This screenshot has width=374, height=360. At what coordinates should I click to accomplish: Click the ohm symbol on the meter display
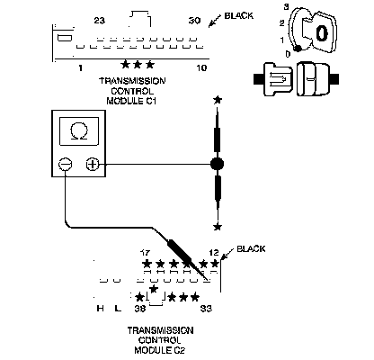(79, 131)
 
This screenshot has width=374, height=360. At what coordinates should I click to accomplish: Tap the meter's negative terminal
(65, 165)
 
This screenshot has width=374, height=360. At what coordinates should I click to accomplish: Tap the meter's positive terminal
(93, 165)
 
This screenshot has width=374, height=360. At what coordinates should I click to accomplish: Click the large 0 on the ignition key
(322, 33)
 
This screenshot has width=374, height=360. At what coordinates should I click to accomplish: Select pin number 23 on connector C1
(100, 21)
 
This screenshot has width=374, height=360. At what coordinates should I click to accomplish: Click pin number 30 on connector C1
(194, 21)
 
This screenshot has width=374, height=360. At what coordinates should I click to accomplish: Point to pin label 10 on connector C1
(201, 68)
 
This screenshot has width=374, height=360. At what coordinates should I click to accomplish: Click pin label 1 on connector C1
(80, 68)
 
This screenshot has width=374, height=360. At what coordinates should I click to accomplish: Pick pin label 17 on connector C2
(146, 253)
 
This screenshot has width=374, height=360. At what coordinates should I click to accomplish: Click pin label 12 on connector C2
(214, 252)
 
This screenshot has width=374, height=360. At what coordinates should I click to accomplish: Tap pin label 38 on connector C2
(139, 309)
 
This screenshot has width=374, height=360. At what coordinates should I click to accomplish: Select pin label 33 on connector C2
(206, 309)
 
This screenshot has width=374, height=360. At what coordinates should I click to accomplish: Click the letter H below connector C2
(101, 308)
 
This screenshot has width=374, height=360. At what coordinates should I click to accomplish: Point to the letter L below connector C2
(118, 308)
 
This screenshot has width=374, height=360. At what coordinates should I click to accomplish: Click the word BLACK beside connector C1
(239, 16)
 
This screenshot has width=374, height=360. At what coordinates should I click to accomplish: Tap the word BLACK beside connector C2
(251, 249)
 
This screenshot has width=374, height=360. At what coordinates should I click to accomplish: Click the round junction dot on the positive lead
(218, 164)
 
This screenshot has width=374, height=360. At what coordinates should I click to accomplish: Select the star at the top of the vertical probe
(218, 100)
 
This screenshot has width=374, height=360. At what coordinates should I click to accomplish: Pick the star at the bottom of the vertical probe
(218, 227)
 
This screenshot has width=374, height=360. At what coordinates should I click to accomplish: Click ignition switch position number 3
(286, 7)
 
